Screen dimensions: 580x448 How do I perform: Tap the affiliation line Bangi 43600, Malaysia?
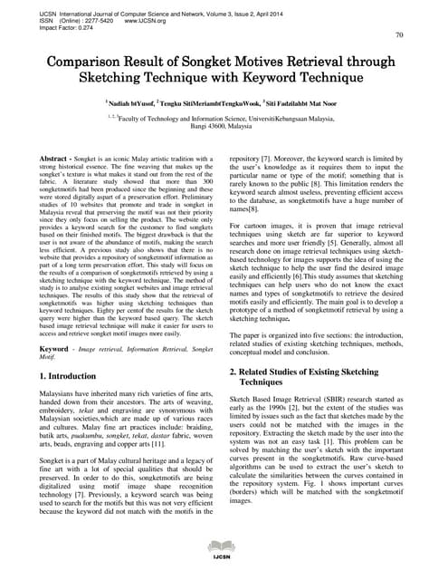[x=224, y=126]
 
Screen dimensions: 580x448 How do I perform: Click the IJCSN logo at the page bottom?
[x=224, y=568]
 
